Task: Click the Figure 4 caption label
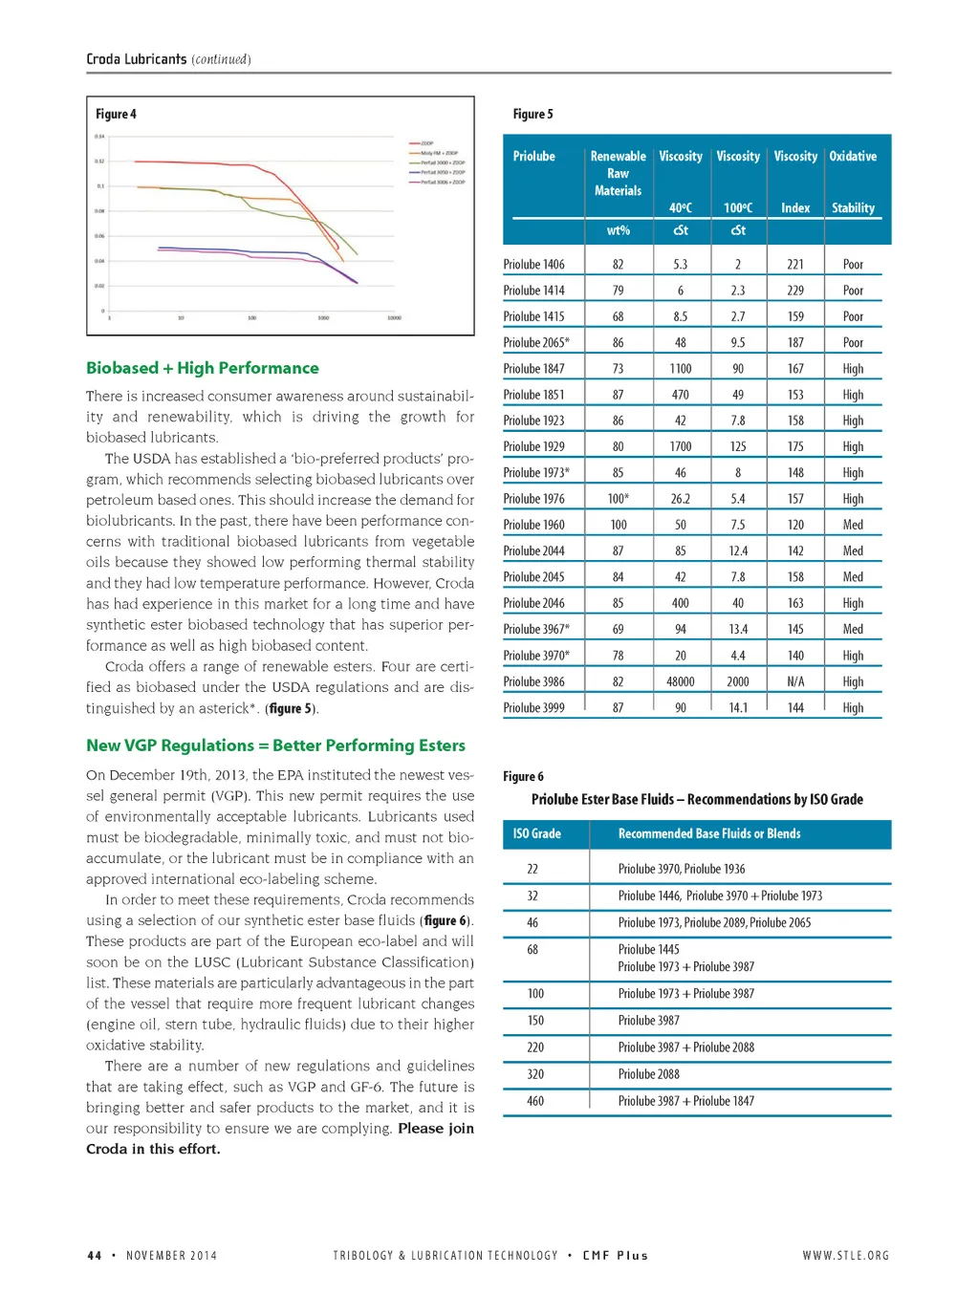tap(116, 114)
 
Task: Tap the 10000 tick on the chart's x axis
tap(394, 317)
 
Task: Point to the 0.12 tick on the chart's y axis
tap(99, 162)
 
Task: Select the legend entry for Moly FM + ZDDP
tap(439, 153)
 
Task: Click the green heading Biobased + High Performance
tap(202, 368)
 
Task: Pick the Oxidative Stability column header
tap(853, 182)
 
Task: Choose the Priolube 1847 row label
tap(533, 369)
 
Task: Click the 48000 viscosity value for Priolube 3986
tap(680, 681)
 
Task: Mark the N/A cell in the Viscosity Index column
tap(795, 681)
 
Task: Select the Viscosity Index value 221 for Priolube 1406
tap(795, 265)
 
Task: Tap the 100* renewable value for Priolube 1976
tap(618, 499)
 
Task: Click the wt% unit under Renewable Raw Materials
tap(618, 230)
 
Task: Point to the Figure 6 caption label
tap(523, 776)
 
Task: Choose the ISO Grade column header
tap(536, 833)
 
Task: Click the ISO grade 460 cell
tap(535, 1101)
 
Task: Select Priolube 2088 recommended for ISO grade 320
tap(648, 1074)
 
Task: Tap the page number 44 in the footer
tap(94, 1255)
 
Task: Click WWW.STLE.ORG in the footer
tap(845, 1255)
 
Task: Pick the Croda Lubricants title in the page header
tap(136, 59)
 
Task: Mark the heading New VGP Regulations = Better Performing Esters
tap(275, 745)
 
